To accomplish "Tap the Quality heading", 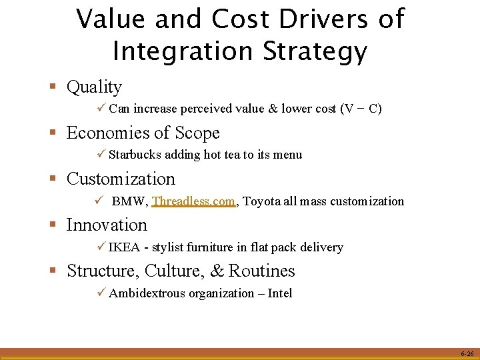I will [x=95, y=87].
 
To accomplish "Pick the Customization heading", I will [x=121, y=179].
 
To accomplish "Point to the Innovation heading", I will [x=107, y=225].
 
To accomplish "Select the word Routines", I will [x=261, y=271].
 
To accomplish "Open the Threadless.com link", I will [x=194, y=201].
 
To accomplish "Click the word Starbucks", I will [x=137, y=155].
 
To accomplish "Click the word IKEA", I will [x=124, y=247].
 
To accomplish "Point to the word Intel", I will [x=279, y=293].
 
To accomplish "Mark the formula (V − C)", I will [x=361, y=109].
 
